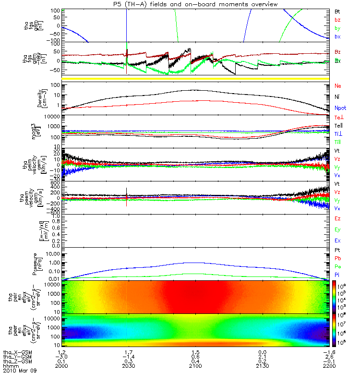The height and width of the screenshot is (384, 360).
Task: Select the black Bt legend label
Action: coord(337,11)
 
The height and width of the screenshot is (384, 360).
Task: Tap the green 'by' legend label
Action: coord(337,28)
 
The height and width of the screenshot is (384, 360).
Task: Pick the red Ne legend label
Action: coord(338,86)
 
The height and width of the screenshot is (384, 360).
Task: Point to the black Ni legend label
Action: coord(337,97)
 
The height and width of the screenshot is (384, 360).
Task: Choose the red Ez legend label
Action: coord(337,218)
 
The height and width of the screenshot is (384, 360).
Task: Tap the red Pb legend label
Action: coord(337,258)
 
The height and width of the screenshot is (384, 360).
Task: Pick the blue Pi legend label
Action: coord(337,274)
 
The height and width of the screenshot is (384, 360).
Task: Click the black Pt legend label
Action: coord(337,251)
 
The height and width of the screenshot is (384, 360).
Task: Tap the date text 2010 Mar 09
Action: coord(19,371)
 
